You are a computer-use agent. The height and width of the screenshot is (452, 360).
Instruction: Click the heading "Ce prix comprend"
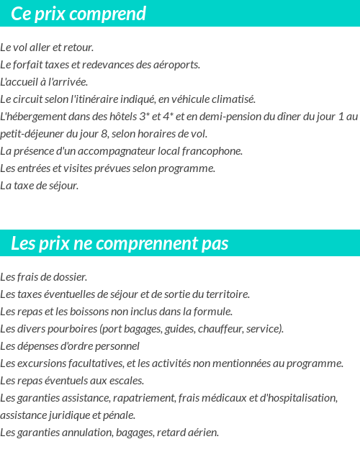click(x=78, y=14)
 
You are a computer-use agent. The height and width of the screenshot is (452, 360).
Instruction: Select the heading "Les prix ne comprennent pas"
click(x=120, y=243)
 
